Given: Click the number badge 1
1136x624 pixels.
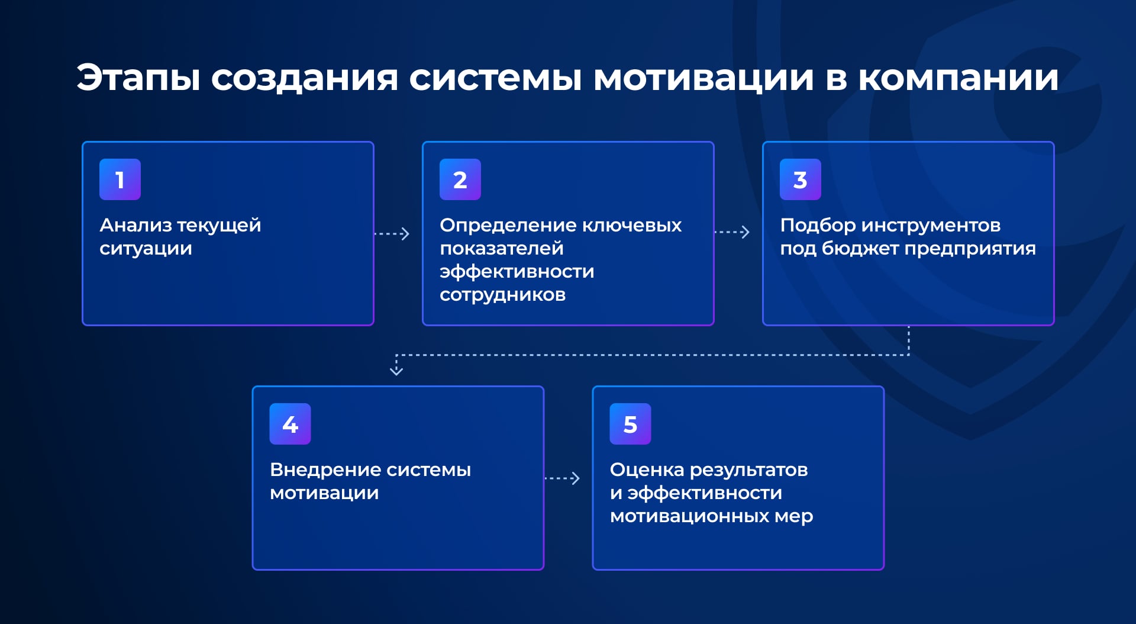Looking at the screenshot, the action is click(120, 179).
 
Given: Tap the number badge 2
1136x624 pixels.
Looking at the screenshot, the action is click(460, 179).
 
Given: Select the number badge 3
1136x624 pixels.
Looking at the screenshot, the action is click(801, 179).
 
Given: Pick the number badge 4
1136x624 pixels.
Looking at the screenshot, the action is click(290, 424).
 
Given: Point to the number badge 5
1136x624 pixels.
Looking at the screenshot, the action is click(631, 424).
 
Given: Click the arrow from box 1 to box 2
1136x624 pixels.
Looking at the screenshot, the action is click(392, 234).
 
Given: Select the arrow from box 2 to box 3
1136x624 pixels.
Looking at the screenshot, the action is click(732, 232).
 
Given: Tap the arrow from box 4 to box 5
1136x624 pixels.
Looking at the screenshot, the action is click(562, 478).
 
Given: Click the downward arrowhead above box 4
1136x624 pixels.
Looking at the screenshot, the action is click(396, 371).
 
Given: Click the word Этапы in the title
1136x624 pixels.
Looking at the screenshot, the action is click(139, 78).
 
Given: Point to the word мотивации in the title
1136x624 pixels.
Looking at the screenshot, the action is click(704, 78).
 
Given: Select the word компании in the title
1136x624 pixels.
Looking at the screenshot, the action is click(958, 78).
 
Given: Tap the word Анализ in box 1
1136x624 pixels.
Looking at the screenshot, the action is click(135, 225).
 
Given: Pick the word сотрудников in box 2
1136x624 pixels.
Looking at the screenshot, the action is click(503, 295).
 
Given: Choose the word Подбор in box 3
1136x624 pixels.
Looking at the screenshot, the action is click(818, 226).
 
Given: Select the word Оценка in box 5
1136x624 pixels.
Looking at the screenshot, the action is click(647, 470).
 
